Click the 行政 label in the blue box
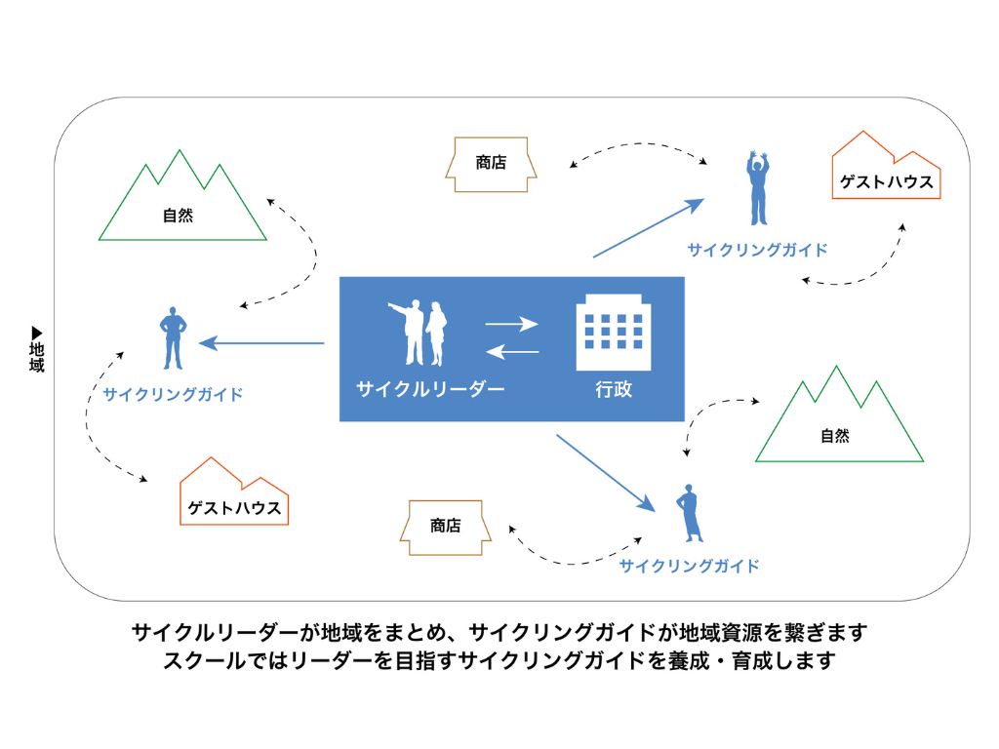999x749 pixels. [x=614, y=389]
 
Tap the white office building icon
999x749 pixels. [x=614, y=333]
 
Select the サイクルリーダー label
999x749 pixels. [x=430, y=389]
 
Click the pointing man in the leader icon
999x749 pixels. [x=410, y=332]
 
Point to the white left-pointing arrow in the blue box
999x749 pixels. [x=512, y=351]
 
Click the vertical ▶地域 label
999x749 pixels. [x=37, y=349]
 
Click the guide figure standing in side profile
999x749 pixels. [x=689, y=512]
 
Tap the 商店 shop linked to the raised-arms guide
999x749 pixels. [x=491, y=164]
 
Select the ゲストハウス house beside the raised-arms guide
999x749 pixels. [x=886, y=176]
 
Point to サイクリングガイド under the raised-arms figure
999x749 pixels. [x=757, y=250]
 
